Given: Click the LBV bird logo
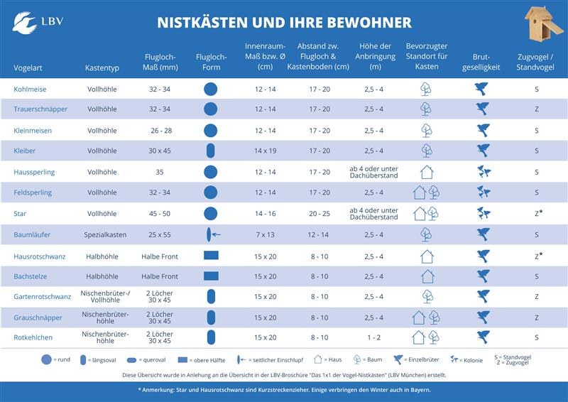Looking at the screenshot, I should (x=24, y=22).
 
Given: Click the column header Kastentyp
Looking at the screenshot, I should (x=102, y=67).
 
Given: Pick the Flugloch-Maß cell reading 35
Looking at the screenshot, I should (x=160, y=172).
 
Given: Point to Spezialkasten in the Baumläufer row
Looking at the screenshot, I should (x=102, y=234).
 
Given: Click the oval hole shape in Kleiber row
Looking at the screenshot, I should (x=210, y=151).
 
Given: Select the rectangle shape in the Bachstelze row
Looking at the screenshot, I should (x=210, y=276).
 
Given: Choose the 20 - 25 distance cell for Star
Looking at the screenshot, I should (x=319, y=213).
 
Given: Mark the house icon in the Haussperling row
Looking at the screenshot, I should (x=426, y=172).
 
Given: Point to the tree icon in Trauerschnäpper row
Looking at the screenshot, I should (x=426, y=109).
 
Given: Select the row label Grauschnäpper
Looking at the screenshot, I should (x=38, y=317).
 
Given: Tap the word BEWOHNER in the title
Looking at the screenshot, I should (x=369, y=23).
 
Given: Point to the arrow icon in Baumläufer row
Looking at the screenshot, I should (x=216, y=234).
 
